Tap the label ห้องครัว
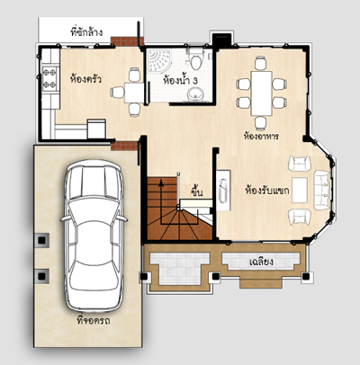85,79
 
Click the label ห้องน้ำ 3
181,81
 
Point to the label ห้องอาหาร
261,137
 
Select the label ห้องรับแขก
267,191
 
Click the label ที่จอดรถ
94,320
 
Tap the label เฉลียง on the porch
261,262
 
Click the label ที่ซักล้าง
86,31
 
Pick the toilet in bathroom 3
196,59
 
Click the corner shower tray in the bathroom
158,60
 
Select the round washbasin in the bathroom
196,94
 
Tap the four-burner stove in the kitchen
49,78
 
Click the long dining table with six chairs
262,93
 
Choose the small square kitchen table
134,93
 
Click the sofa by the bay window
322,190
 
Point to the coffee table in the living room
300,190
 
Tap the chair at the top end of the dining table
260,63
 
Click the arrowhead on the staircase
161,182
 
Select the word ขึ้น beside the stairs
196,191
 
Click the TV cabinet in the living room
223,191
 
